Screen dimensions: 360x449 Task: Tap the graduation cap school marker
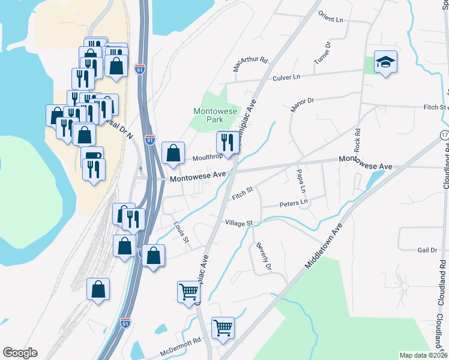click(385, 62)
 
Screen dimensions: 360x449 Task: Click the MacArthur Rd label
click(250, 64)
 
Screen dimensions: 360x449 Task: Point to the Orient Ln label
click(331, 17)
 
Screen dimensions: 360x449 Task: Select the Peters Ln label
click(294, 204)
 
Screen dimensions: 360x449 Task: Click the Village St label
click(239, 223)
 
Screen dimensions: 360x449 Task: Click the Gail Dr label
click(427, 250)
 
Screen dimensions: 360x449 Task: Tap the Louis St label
click(181, 234)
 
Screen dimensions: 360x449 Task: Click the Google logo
click(20, 353)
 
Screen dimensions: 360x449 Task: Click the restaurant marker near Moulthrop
click(227, 143)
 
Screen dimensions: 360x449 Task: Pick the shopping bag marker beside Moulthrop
click(173, 153)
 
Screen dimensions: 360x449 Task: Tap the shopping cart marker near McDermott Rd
click(223, 328)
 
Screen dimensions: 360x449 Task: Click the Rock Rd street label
click(357, 140)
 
